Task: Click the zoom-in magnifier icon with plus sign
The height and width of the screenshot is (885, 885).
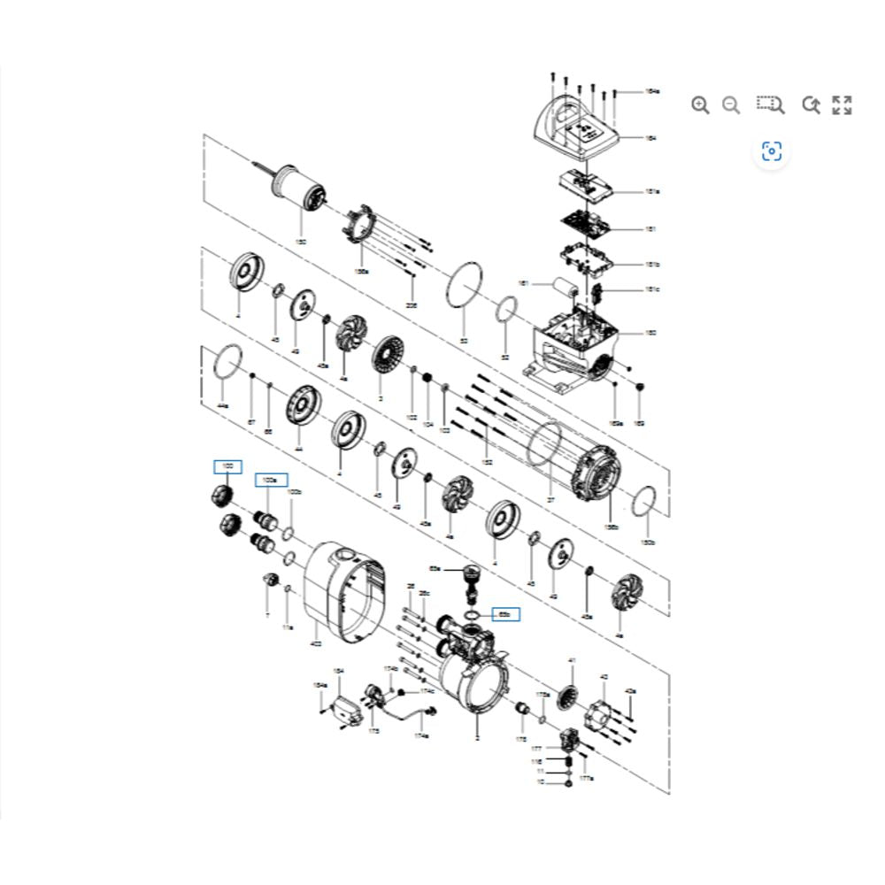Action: (x=700, y=105)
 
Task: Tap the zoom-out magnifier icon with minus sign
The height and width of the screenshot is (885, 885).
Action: (x=731, y=105)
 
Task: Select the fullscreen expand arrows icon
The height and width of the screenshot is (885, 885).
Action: (x=842, y=105)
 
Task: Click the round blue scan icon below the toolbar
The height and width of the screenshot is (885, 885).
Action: (x=772, y=152)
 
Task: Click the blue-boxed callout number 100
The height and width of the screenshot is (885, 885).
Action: (x=227, y=466)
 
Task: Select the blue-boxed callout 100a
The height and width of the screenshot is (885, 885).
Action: (x=271, y=480)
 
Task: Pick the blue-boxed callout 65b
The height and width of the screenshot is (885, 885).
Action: (x=505, y=613)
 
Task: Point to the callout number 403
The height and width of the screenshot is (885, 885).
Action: (x=316, y=644)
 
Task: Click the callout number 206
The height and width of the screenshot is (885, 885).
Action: (x=412, y=304)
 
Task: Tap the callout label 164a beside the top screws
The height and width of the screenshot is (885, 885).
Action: (x=652, y=91)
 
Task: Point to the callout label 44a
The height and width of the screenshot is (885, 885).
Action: (x=223, y=404)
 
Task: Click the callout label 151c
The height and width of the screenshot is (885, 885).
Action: (x=652, y=289)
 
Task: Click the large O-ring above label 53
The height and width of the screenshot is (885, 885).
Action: (x=464, y=286)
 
